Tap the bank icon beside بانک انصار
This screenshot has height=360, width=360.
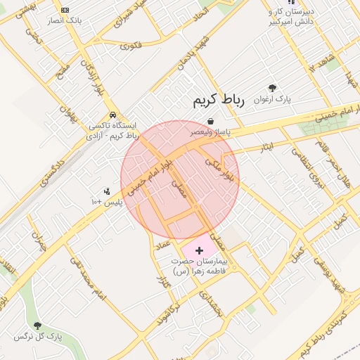65,10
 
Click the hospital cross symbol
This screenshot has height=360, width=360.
199,250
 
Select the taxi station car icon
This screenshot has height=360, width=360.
112,115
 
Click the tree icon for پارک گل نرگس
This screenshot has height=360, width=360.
37,326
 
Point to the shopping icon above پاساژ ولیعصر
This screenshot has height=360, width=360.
210,122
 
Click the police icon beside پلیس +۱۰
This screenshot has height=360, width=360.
107,191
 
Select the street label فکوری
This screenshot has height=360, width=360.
131,46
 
